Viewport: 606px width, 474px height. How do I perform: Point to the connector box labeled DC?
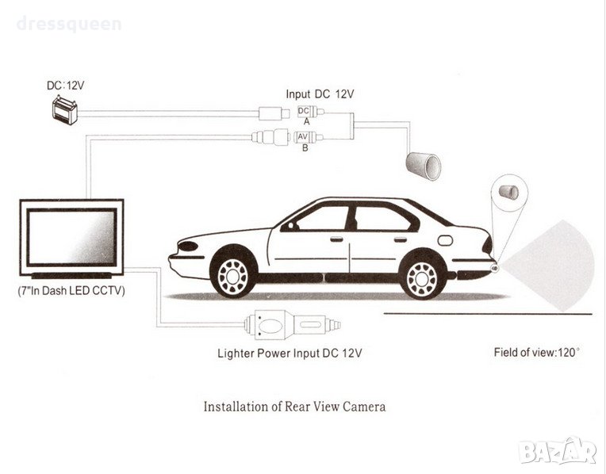click(x=302, y=111)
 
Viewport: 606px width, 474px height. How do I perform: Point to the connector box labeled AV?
click(x=302, y=136)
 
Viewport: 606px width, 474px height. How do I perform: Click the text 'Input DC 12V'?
click(x=319, y=94)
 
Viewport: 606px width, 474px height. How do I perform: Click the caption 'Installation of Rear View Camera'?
click(x=295, y=407)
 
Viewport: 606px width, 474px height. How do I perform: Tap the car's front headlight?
click(x=187, y=246)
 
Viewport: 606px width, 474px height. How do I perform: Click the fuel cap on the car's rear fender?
click(x=445, y=240)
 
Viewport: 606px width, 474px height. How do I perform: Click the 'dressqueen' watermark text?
click(x=68, y=24)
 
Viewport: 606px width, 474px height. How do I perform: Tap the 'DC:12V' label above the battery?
click(x=64, y=84)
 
